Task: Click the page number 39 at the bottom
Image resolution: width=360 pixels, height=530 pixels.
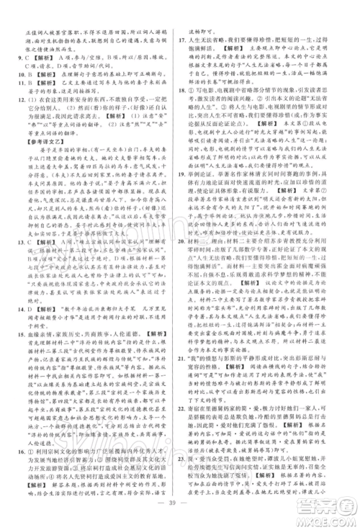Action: click(180, 516)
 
